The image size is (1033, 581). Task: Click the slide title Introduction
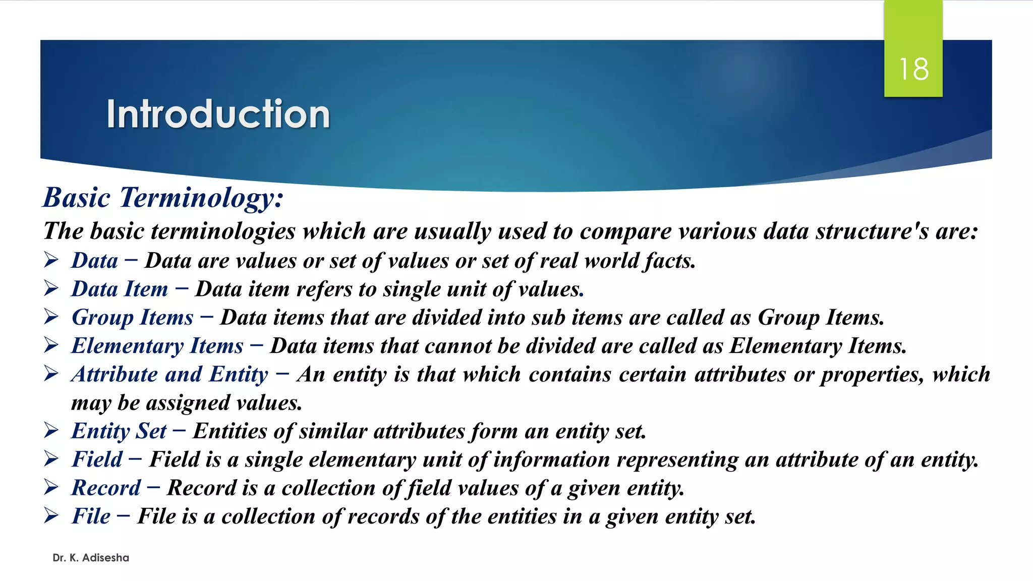point(218,114)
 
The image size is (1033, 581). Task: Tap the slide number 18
point(913,69)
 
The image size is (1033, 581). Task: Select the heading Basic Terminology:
point(163,197)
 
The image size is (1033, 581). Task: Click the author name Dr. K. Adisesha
point(91,558)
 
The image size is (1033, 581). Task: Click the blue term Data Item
point(120,289)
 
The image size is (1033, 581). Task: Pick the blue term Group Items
point(132,317)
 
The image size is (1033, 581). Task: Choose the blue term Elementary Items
point(157,346)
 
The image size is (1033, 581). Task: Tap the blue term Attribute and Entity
point(169,374)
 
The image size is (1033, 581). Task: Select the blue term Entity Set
point(119,431)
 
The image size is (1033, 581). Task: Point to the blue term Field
point(97,459)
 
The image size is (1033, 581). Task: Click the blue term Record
point(106,488)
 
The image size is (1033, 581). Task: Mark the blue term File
point(91,516)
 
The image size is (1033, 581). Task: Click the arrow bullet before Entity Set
point(51,430)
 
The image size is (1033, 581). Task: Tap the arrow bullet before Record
point(51,487)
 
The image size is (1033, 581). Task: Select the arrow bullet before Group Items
point(51,316)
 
